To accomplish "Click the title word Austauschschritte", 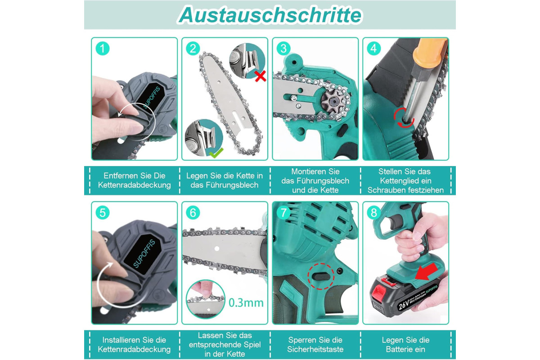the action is (x=270, y=15).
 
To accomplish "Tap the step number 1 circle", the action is (x=103, y=49).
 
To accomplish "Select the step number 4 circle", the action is (x=373, y=49).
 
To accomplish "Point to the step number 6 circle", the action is (x=193, y=213).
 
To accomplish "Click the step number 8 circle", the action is (x=373, y=213).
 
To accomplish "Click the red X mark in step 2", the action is (x=261, y=76).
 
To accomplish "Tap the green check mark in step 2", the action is (x=216, y=153).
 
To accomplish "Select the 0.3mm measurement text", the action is (x=246, y=303).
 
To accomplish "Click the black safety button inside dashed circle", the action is (x=321, y=276).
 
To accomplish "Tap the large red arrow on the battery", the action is (x=427, y=272).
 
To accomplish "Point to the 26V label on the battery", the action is (x=404, y=305).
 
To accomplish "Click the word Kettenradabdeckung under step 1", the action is (x=134, y=185).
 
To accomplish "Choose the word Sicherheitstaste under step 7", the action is (x=315, y=349).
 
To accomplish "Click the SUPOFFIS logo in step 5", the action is (x=144, y=253).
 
